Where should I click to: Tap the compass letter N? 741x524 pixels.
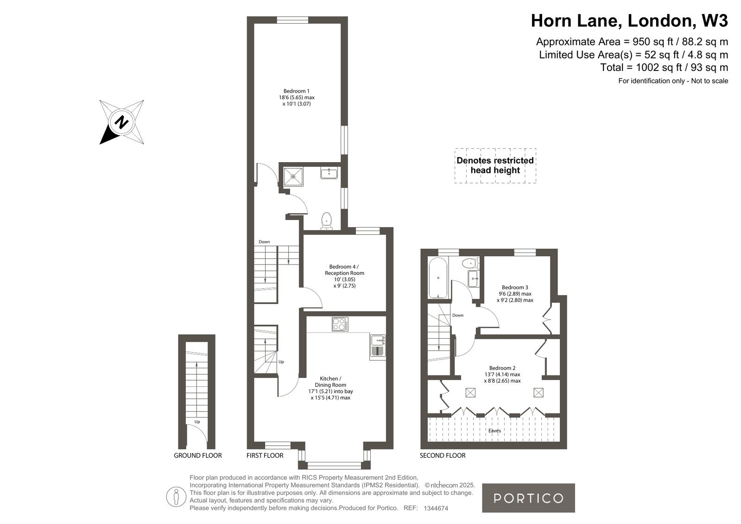click(x=121, y=122)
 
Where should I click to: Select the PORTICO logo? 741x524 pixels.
click(x=528, y=498)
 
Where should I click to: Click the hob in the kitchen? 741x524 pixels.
click(x=340, y=324)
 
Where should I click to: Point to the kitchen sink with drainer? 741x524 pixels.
click(x=378, y=346)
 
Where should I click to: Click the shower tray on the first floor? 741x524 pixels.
click(x=293, y=177)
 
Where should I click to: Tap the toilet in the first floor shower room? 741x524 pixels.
click(x=327, y=221)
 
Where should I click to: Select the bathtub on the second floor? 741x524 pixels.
click(x=438, y=278)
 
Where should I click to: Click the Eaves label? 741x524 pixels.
click(x=494, y=431)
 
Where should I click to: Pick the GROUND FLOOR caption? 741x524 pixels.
click(x=198, y=455)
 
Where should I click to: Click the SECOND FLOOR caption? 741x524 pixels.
click(x=443, y=455)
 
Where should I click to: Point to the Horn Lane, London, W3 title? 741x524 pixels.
click(x=629, y=21)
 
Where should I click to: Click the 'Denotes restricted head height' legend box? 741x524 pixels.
click(x=495, y=165)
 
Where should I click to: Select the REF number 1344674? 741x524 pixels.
click(x=436, y=508)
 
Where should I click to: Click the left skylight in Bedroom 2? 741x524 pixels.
click(x=470, y=393)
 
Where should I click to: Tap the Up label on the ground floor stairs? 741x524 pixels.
click(x=197, y=422)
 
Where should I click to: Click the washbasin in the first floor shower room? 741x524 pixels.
click(x=329, y=173)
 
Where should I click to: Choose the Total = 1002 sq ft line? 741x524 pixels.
click(x=664, y=68)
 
